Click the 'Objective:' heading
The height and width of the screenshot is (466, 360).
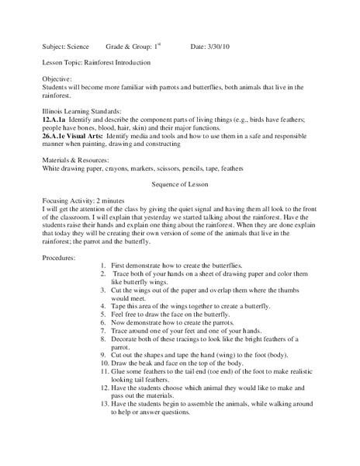click(56, 78)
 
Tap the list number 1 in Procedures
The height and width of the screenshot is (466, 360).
click(105, 266)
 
